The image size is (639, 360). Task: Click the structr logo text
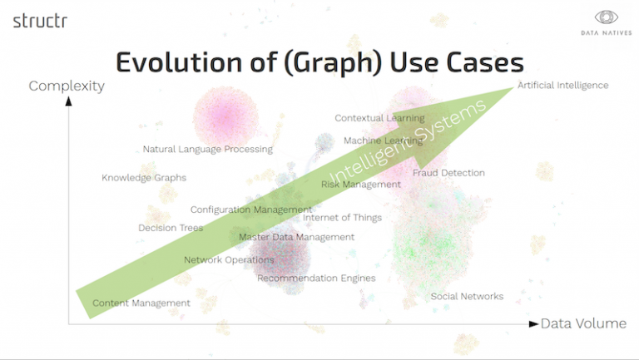click(x=40, y=21)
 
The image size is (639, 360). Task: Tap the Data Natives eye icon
click(x=605, y=17)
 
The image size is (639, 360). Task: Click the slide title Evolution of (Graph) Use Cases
click(x=319, y=62)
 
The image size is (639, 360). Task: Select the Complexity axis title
click(x=67, y=86)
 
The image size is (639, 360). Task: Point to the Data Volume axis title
click(x=583, y=323)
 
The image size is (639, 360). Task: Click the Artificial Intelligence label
click(x=562, y=86)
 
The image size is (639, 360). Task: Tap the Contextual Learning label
click(x=379, y=118)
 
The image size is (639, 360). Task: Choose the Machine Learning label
click(x=383, y=141)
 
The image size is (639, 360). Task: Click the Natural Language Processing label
click(x=207, y=150)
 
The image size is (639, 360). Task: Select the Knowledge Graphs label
click(x=144, y=178)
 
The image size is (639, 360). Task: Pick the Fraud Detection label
click(x=448, y=173)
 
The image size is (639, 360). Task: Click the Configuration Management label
click(x=251, y=210)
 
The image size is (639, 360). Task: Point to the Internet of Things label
click(x=342, y=218)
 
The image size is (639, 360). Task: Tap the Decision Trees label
click(x=171, y=228)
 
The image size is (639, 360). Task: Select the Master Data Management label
click(x=296, y=237)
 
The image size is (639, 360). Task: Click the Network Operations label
click(x=229, y=260)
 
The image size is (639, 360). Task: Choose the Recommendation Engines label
click(x=316, y=279)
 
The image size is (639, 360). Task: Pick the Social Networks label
click(x=467, y=297)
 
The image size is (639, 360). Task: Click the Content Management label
click(x=141, y=303)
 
